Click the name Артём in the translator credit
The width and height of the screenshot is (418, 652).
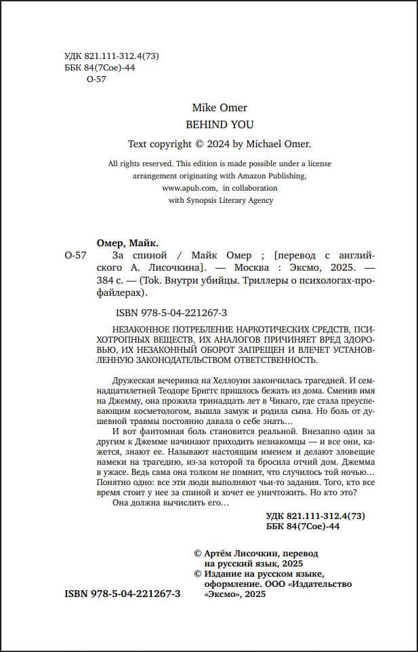222,554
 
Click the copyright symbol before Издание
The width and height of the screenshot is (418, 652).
198,574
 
